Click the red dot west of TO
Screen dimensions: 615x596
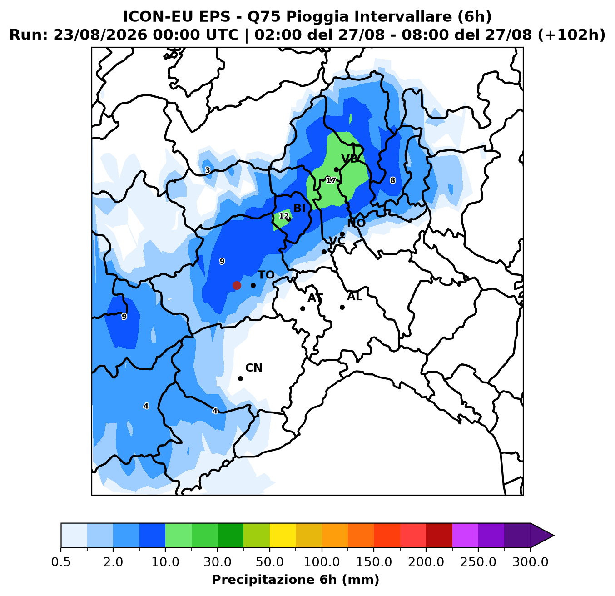(237, 285)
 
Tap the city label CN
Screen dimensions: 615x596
(254, 368)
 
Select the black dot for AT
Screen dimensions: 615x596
(303, 308)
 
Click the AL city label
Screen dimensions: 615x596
(354, 297)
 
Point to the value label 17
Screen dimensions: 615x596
(331, 180)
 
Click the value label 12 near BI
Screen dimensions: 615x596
(284, 216)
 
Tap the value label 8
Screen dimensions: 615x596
(392, 180)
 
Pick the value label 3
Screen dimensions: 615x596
(207, 170)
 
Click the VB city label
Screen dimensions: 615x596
(349, 159)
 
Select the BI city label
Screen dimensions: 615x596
(299, 208)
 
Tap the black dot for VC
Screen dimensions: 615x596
(324, 252)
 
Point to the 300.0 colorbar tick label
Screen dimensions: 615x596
(530, 562)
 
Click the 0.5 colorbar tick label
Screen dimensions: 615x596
(61, 562)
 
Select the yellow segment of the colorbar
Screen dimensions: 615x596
(283, 535)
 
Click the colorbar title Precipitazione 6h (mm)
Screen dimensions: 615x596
(296, 580)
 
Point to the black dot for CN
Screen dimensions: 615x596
(240, 378)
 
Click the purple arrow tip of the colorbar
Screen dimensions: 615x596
(553, 535)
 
